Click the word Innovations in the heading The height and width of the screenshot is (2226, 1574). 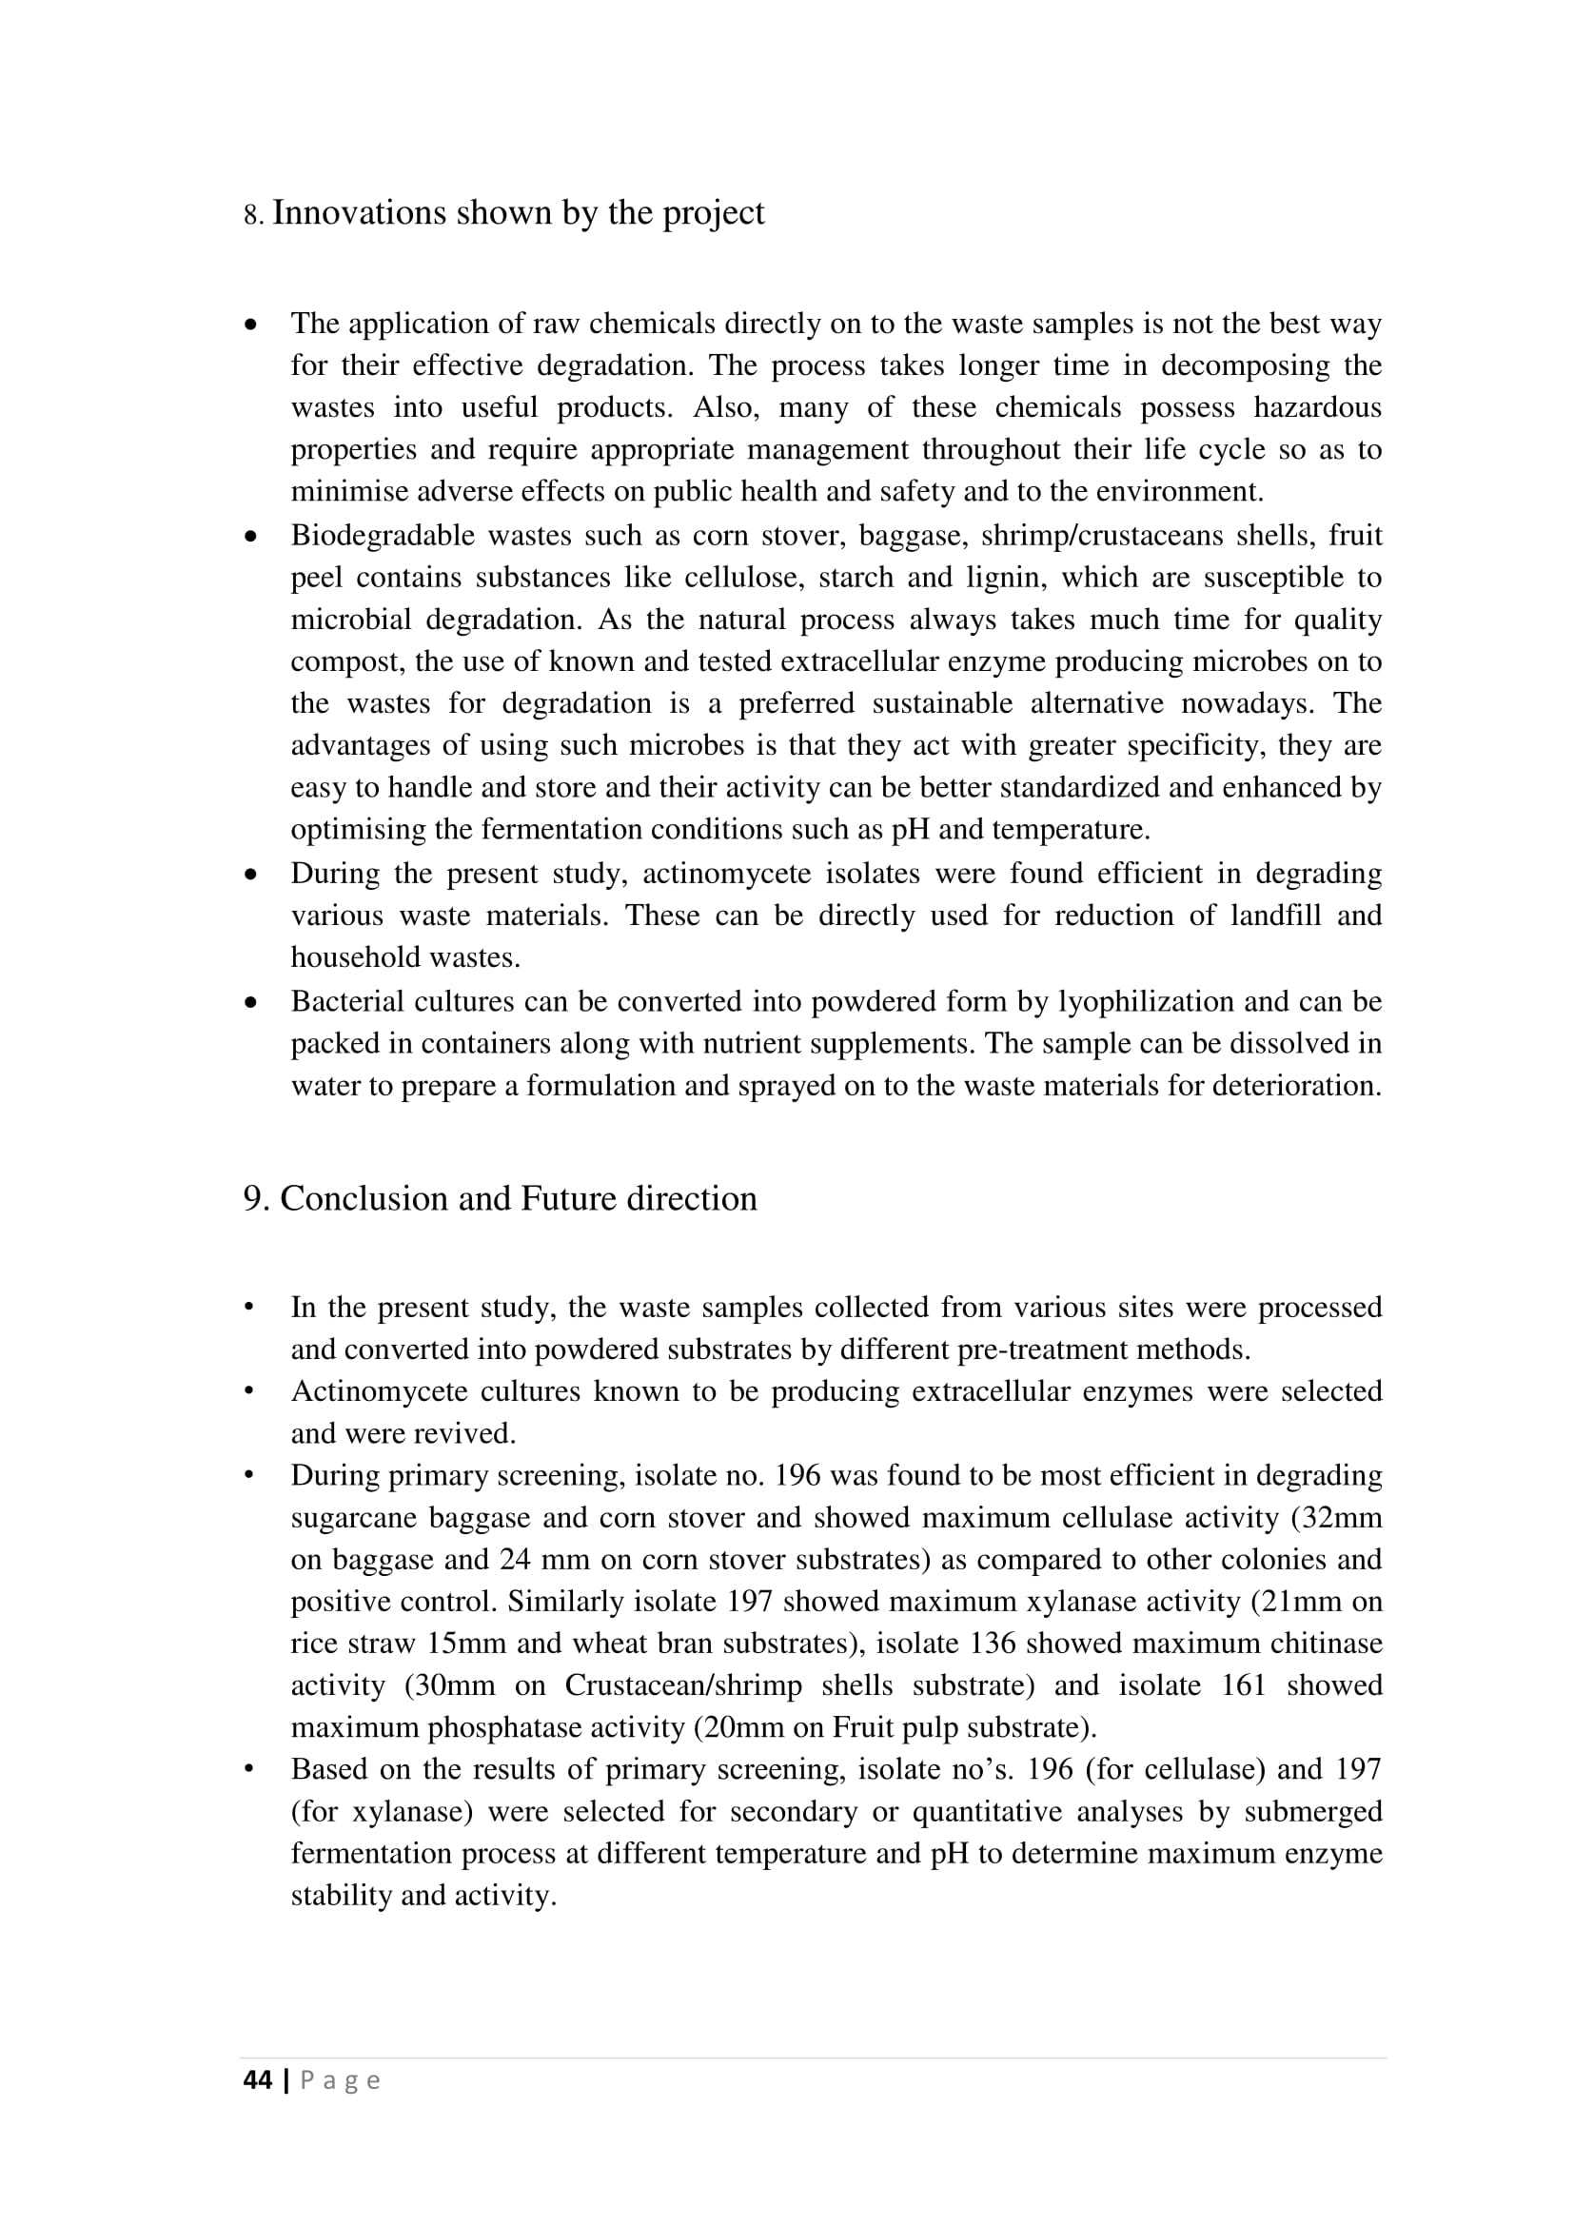pyautogui.click(x=359, y=213)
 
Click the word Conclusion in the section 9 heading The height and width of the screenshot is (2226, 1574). pyautogui.click(x=364, y=1199)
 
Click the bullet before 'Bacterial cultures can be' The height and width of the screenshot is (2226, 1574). pyautogui.click(x=252, y=1002)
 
